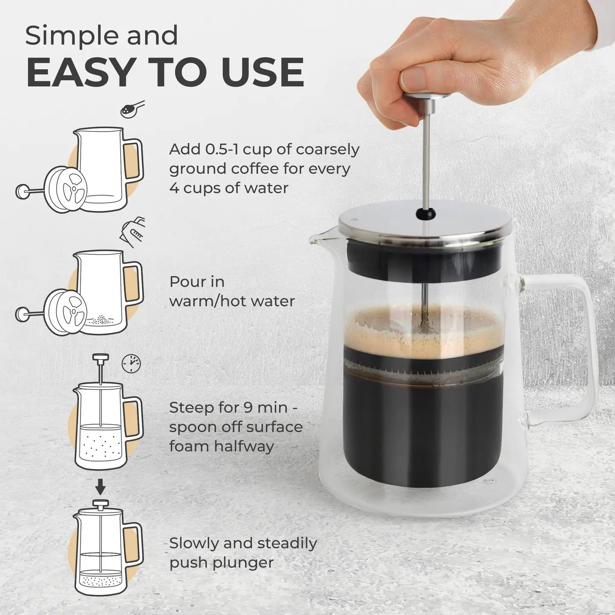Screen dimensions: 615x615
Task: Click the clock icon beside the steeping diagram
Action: point(131,363)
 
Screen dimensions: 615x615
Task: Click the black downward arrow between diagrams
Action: point(100,485)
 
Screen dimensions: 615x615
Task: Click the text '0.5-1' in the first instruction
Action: point(214,149)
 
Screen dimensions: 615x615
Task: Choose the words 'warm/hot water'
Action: point(232,301)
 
